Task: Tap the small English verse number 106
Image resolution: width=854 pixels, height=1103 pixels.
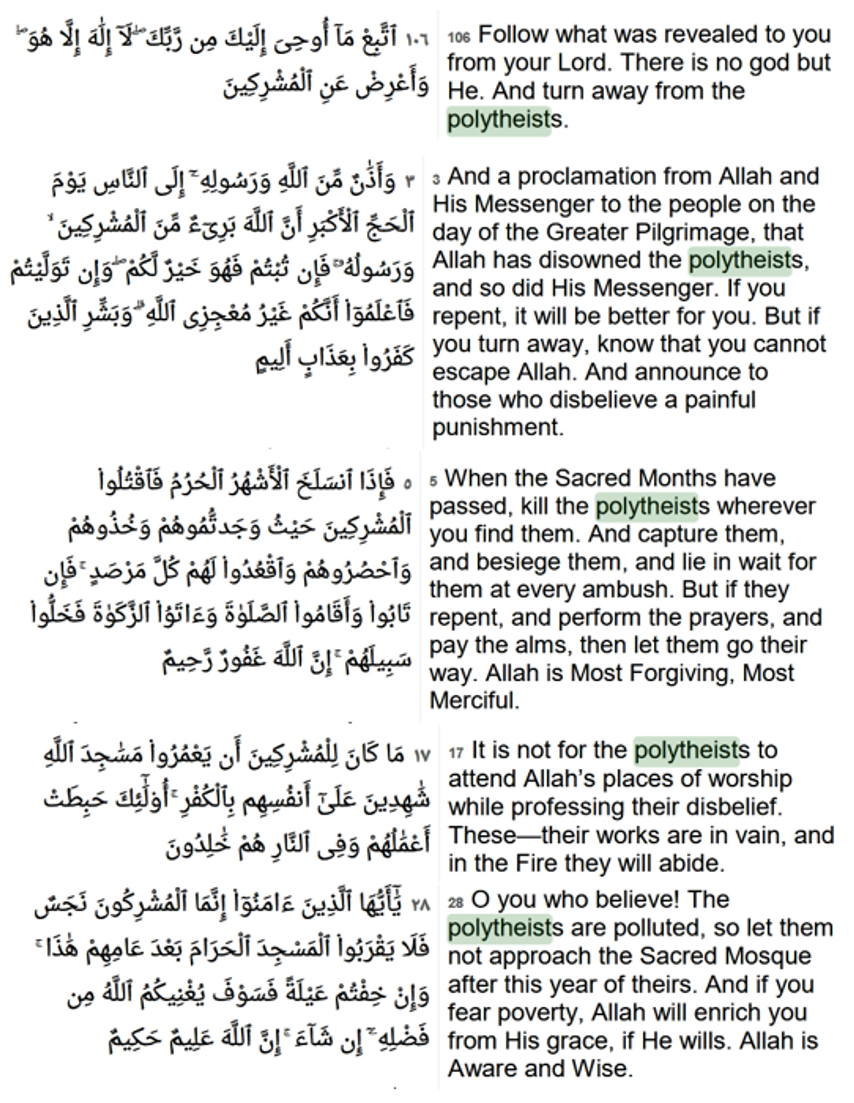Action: click(459, 37)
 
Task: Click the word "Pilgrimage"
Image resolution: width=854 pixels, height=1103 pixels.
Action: click(689, 233)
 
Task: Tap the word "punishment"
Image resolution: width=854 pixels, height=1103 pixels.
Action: click(497, 428)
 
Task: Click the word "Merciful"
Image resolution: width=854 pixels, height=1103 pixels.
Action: click(474, 701)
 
